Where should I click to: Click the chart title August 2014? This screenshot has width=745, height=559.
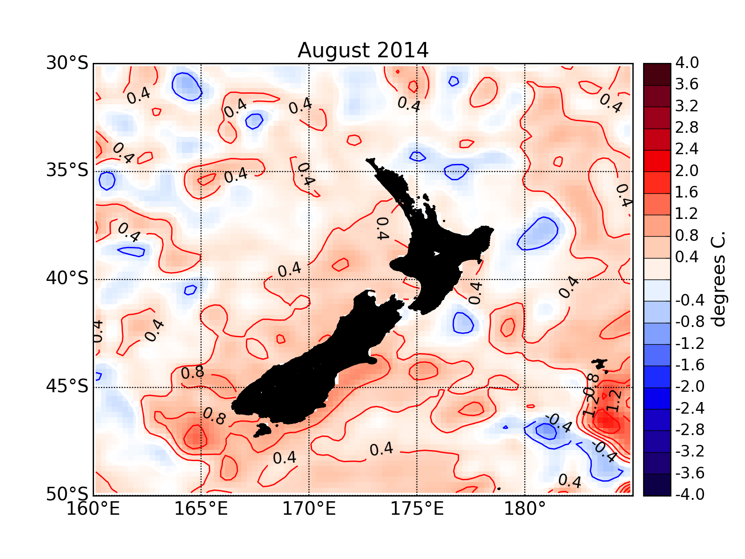[363, 50]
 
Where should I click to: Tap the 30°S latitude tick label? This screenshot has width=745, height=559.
[67, 63]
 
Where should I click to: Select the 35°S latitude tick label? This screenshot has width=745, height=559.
[67, 170]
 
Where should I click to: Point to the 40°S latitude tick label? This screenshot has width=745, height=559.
[67, 279]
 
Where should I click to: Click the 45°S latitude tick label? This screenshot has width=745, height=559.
[67, 387]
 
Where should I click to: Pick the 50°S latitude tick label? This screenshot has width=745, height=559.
[67, 494]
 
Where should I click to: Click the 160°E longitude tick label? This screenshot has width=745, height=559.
[93, 509]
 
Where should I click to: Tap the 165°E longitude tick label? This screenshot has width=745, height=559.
[201, 509]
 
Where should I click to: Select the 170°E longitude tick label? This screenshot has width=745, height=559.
[309, 509]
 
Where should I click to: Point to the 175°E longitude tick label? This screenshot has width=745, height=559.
[417, 509]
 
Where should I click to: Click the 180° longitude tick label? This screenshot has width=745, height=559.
[525, 509]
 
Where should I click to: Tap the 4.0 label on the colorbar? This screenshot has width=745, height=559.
[687, 63]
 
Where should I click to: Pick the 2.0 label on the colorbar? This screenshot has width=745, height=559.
[687, 171]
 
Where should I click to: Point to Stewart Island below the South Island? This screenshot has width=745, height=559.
[263, 429]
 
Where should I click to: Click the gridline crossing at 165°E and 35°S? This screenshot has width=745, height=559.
[201, 171]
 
